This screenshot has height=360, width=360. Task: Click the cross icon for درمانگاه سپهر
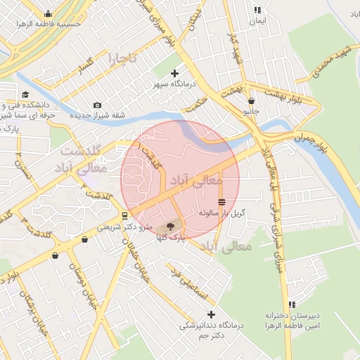point(175,72)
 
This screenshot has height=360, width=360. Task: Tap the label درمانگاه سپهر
point(175,84)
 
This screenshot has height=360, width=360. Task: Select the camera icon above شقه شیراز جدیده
point(97,105)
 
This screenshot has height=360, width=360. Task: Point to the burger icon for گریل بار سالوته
point(222,202)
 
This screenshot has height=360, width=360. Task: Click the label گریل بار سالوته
point(221,212)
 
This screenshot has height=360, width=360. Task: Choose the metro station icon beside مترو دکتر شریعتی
point(124,215)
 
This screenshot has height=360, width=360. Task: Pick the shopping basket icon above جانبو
point(251,101)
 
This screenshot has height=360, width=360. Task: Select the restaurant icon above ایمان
point(258,11)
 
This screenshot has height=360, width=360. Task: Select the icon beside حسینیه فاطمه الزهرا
point(47,13)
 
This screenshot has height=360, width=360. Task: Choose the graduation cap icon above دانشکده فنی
point(25,94)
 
